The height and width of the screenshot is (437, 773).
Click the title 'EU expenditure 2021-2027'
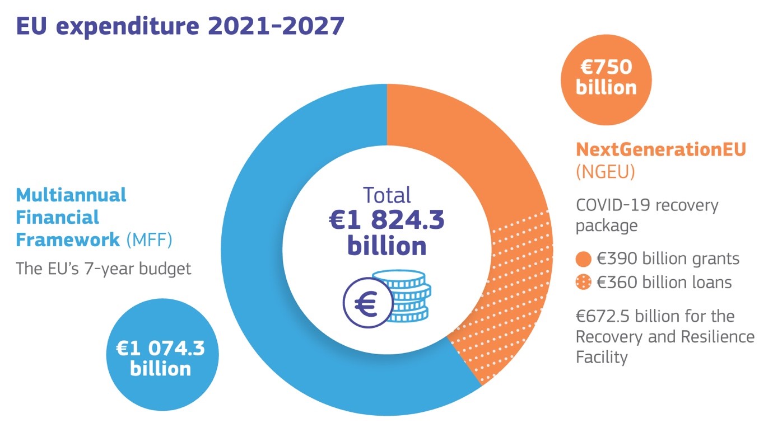pos(180,26)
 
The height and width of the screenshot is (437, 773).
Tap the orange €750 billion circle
pos(606,78)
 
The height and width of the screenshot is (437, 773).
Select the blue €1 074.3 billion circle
pos(160,358)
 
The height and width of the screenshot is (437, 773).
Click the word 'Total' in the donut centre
pos(386,195)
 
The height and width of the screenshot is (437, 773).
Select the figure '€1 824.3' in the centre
pos(386,221)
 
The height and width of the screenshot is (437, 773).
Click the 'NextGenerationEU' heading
pos(661,150)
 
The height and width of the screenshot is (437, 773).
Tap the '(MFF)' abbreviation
pos(148,240)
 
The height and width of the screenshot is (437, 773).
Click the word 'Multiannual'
pos(71,195)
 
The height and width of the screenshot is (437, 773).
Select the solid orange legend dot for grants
pos(583,260)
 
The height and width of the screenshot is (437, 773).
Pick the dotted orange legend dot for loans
pos(583,283)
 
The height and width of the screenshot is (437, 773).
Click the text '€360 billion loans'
pos(664,283)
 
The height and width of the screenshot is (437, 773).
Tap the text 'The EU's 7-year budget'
pos(104,269)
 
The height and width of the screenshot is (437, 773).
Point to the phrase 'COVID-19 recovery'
pos(647,205)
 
